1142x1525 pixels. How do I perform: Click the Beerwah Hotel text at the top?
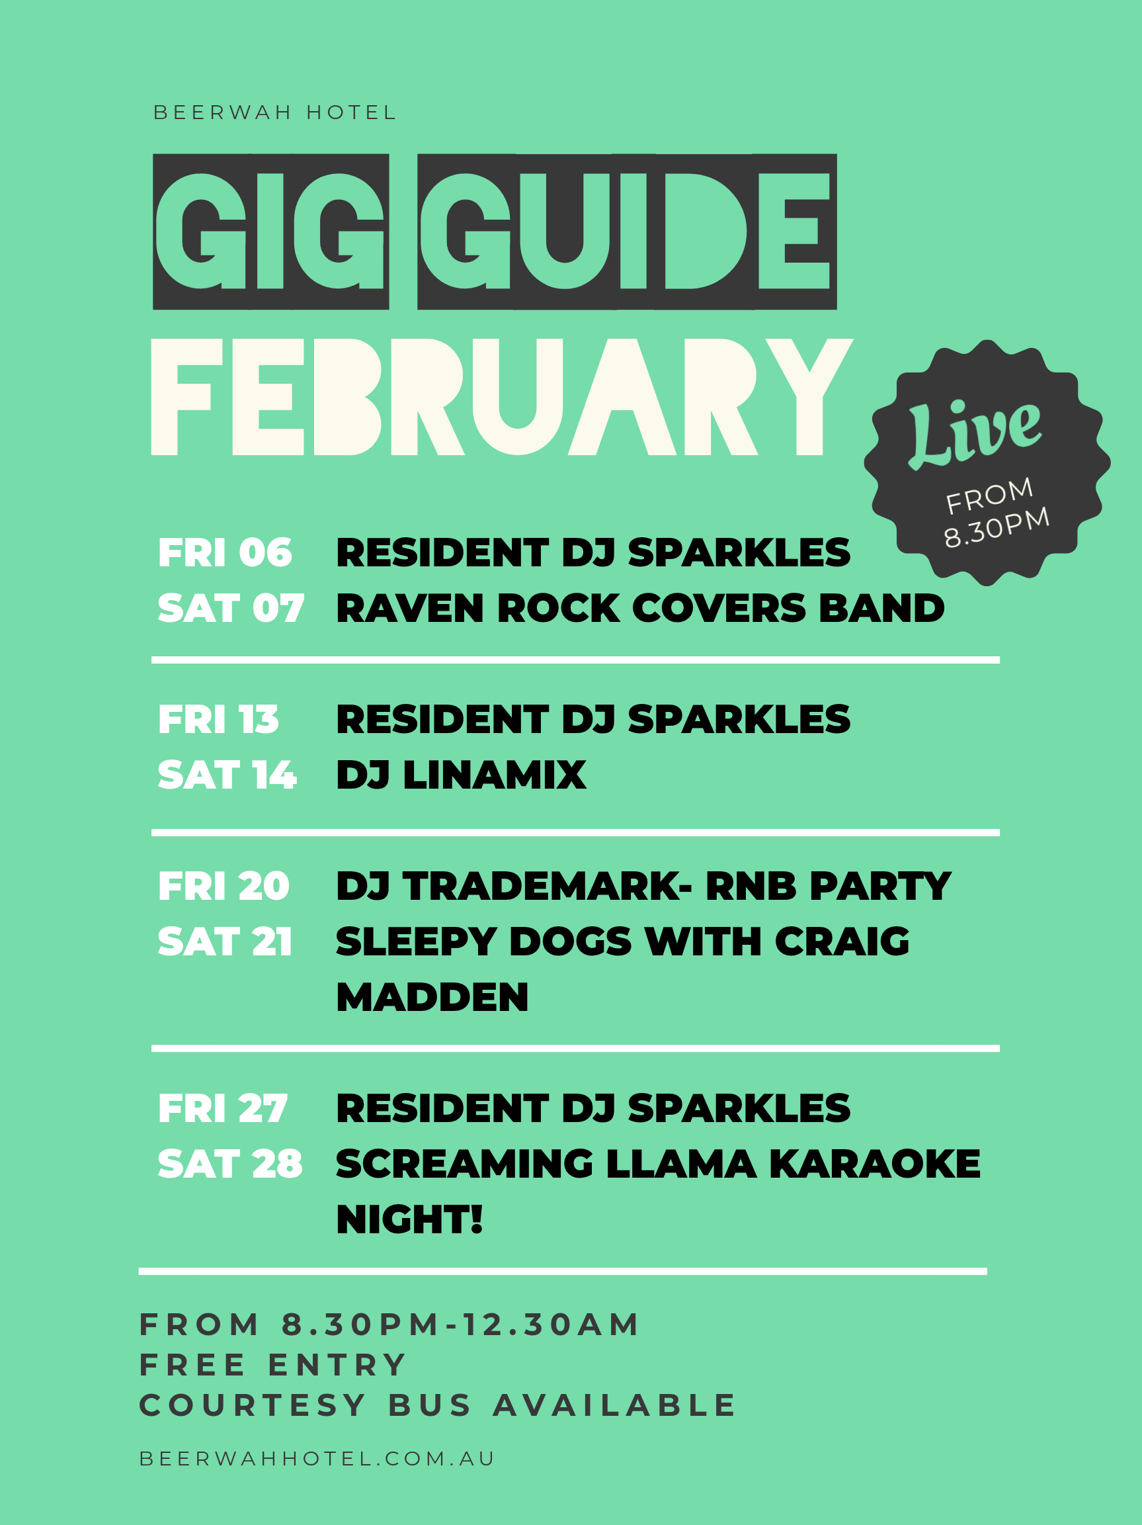coord(274,112)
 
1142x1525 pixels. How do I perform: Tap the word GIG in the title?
coord(270,232)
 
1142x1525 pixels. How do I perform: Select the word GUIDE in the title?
coord(626,232)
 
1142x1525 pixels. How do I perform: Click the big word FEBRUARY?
coord(502,397)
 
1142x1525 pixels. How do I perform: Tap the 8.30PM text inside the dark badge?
coord(997,527)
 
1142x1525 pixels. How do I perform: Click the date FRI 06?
coord(225,553)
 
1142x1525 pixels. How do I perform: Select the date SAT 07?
coord(231,609)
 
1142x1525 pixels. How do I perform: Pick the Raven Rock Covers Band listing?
coord(639,609)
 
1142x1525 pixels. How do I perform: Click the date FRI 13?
coord(218,720)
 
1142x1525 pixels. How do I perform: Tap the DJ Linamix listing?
coord(461,775)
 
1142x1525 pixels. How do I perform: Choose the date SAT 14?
coord(227,775)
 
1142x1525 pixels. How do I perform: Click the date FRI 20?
coord(224,887)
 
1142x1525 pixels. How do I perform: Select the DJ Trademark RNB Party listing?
coord(643,887)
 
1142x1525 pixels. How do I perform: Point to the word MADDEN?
coord(432,998)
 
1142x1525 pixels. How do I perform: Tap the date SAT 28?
coord(230,1164)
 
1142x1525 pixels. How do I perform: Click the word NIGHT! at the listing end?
coord(409,1219)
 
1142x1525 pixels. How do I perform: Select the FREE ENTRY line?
coord(273,1365)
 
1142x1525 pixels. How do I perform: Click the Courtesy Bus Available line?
coord(438,1406)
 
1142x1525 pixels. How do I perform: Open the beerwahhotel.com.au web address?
coord(317,1459)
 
